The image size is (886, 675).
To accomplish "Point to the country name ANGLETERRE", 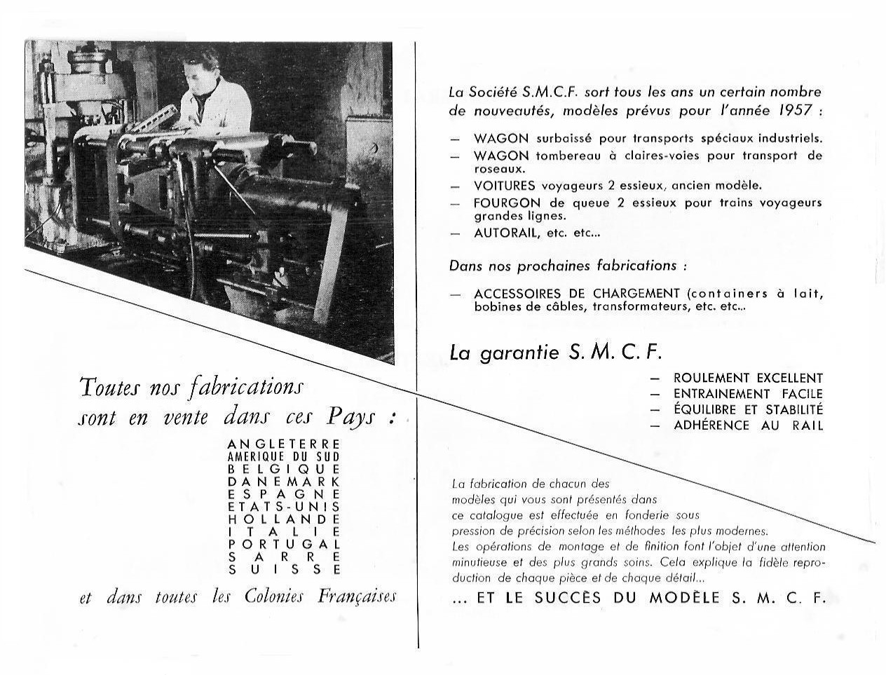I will point(284,444).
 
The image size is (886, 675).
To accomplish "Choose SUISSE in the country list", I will point(284,570).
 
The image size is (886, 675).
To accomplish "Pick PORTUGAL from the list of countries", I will point(284,544).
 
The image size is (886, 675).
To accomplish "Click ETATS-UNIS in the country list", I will point(284,507).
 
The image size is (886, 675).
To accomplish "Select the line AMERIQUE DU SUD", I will point(284,456).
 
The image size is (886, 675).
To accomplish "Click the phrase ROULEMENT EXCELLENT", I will point(748,379).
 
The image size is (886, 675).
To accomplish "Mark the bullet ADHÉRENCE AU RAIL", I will point(748,425).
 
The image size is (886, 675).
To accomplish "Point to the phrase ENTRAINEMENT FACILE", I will point(748,395).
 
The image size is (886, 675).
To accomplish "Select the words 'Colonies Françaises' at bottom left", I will point(320,596).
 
